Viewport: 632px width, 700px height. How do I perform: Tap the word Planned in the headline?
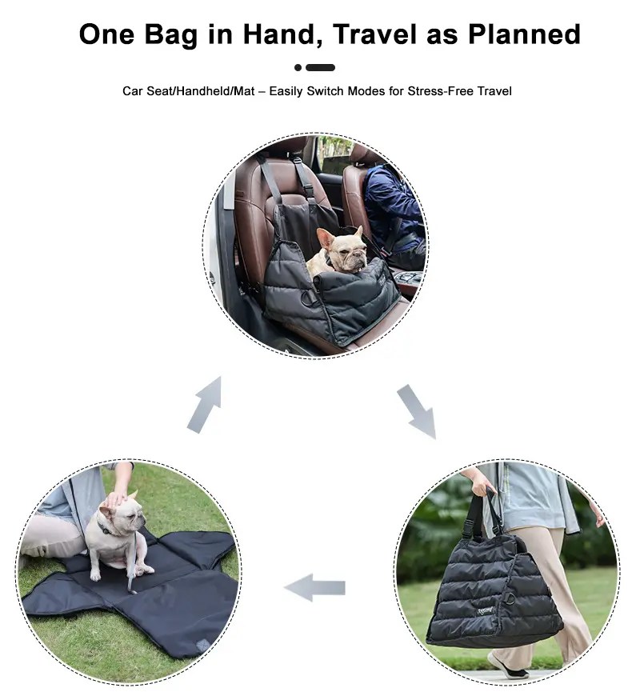click(524, 34)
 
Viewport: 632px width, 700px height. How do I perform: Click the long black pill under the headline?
click(321, 68)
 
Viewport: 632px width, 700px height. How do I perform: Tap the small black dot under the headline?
click(298, 68)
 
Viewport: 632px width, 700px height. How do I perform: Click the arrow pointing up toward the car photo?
click(206, 405)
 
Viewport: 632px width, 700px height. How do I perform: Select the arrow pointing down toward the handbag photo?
click(417, 411)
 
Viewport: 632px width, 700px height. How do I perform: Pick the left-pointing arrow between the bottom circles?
click(314, 587)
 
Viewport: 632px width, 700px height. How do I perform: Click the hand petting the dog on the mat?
click(117, 498)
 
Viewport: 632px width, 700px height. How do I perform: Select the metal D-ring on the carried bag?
click(508, 598)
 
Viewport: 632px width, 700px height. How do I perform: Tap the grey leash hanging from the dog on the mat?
click(132, 563)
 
